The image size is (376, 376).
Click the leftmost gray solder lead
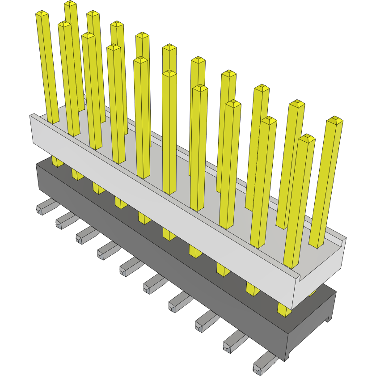[x=44, y=207]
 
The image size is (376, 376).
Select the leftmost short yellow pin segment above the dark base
[x=57, y=161]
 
